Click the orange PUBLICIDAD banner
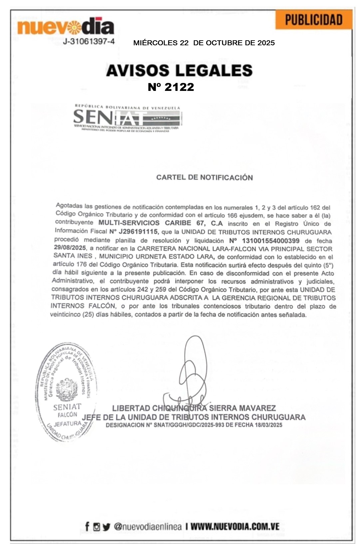(314, 20)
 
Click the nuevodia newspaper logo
(66, 27)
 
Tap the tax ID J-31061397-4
(89, 42)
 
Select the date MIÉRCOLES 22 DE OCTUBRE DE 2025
(204, 43)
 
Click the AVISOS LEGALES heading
(179, 71)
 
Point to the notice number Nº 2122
(171, 87)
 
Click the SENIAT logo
(127, 119)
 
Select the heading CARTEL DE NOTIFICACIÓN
(204, 177)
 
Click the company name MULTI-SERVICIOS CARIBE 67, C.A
(161, 223)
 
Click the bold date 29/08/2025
(70, 248)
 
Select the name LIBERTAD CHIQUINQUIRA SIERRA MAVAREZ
(194, 408)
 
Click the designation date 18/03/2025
(268, 425)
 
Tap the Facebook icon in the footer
(87, 527)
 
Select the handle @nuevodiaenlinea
(148, 527)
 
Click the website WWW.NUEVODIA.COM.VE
(235, 527)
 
